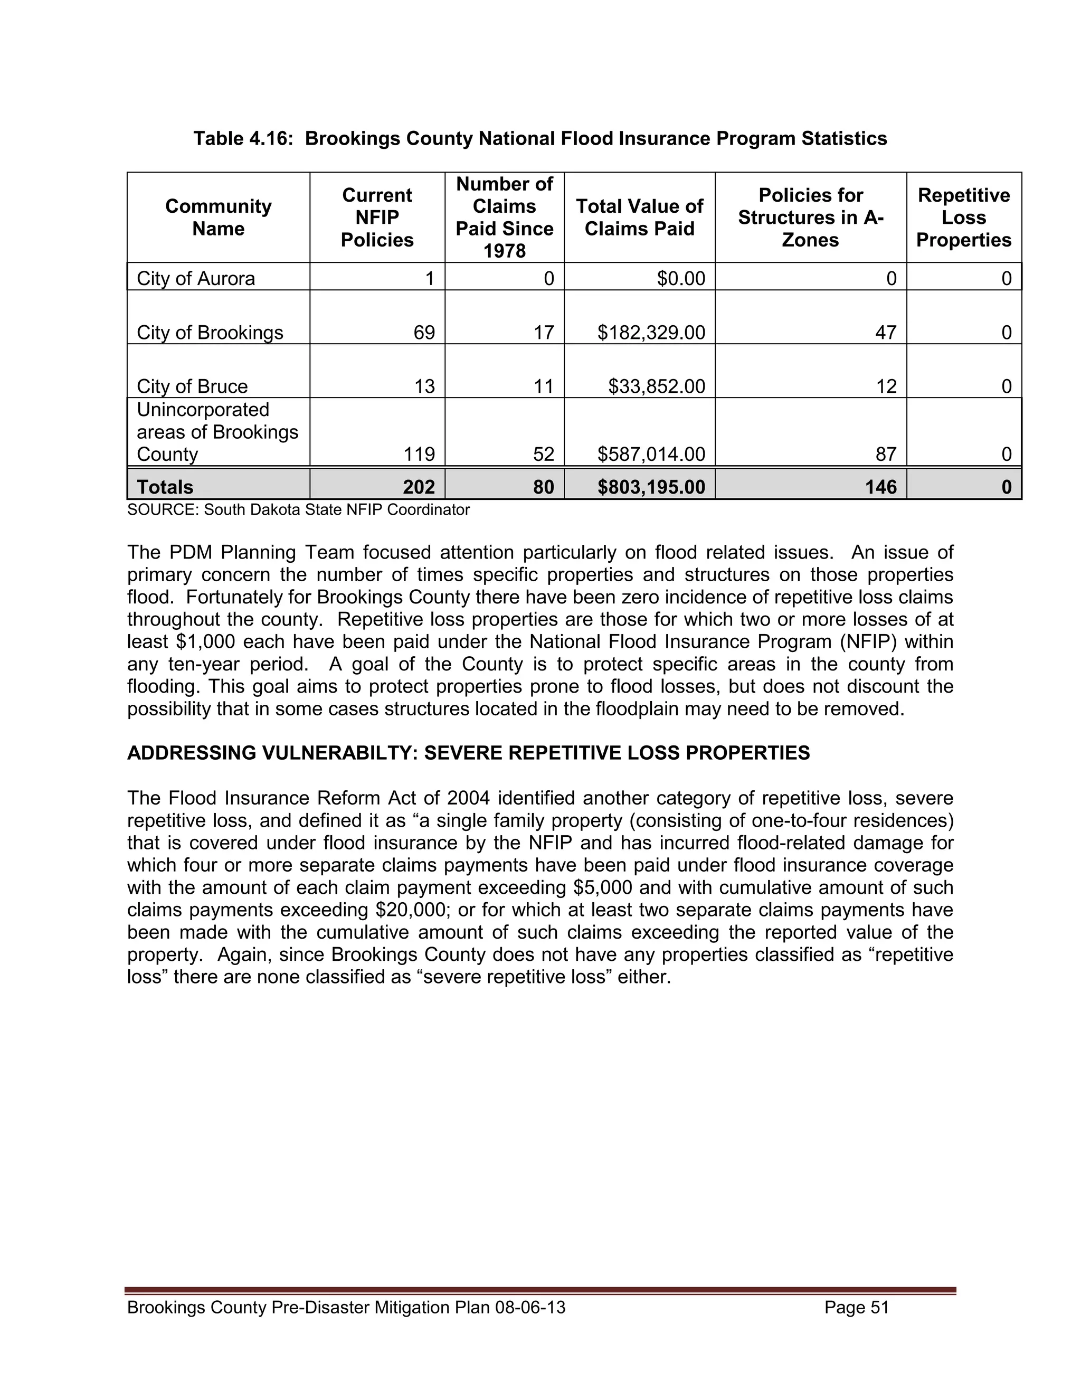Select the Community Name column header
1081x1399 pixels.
pyautogui.click(x=218, y=217)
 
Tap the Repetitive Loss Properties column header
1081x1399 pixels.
pyautogui.click(x=963, y=217)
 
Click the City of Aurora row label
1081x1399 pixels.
pyautogui.click(x=195, y=279)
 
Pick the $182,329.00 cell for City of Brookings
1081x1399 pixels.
pyautogui.click(x=651, y=333)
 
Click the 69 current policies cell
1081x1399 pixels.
pyautogui.click(x=424, y=333)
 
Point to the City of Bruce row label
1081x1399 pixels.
pyautogui.click(x=192, y=386)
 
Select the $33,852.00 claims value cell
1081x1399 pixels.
pyautogui.click(x=657, y=386)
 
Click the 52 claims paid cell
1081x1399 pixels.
pyautogui.click(x=543, y=454)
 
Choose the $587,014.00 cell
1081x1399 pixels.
pyautogui.click(x=651, y=454)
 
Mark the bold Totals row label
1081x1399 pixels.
pyautogui.click(x=165, y=487)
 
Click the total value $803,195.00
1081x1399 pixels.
pyautogui.click(x=651, y=487)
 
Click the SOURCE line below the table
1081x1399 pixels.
pyautogui.click(x=298, y=510)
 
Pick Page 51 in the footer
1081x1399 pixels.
pyautogui.click(x=857, y=1307)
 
